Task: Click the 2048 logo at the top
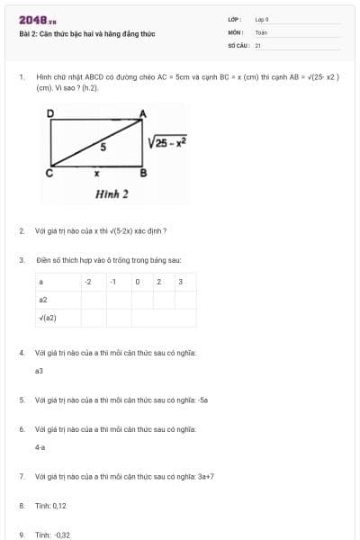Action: (x=37, y=19)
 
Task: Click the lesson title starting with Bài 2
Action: (x=86, y=33)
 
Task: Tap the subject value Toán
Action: (x=261, y=31)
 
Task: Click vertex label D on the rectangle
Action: (x=50, y=112)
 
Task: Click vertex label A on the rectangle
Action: (x=142, y=112)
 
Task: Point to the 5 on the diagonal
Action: (x=103, y=146)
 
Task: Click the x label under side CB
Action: (x=97, y=173)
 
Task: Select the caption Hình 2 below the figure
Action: (x=112, y=193)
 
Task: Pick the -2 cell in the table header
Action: (x=87, y=283)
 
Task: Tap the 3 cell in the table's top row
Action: (x=181, y=283)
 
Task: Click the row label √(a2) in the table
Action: (x=48, y=317)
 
